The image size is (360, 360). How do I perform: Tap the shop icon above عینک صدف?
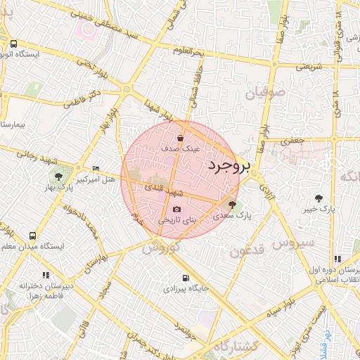click(181, 138)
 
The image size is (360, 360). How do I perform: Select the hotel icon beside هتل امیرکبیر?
click(96, 168)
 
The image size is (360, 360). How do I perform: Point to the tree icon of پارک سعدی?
click(233, 205)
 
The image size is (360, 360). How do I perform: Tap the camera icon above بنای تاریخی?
click(176, 209)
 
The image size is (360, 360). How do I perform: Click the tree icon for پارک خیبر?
click(319, 198)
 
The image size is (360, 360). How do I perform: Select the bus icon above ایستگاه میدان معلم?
click(33, 236)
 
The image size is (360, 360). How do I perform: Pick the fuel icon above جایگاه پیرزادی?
click(186, 278)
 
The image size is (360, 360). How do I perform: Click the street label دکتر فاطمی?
click(82, 97)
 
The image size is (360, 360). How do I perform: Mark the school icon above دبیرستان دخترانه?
click(46, 276)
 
